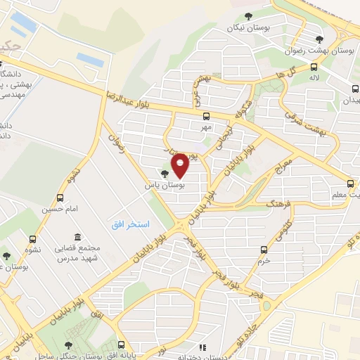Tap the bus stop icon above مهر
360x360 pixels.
pos(206,117)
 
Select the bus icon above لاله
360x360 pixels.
pos(313,67)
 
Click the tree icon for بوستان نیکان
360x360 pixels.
pos(247,17)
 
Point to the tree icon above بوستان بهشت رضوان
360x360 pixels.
pos(320,39)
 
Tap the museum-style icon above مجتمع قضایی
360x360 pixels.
pos(77,236)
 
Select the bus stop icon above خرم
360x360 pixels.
pos(264,249)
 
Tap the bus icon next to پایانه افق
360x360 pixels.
pos(122,345)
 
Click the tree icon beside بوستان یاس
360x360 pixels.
pos(165,174)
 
